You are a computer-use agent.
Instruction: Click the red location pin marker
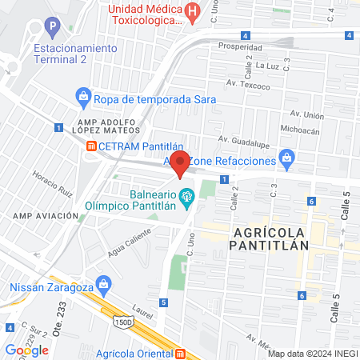[x=182, y=162]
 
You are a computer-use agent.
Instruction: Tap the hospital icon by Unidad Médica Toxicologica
[x=192, y=12]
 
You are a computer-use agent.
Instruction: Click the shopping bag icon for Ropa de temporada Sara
[x=83, y=98]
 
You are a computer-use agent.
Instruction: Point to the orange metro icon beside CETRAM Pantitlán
[x=92, y=146]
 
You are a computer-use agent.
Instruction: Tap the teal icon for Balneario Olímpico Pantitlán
[x=186, y=195]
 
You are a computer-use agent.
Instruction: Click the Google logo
[x=26, y=350]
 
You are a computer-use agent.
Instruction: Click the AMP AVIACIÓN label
[x=44, y=216]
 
